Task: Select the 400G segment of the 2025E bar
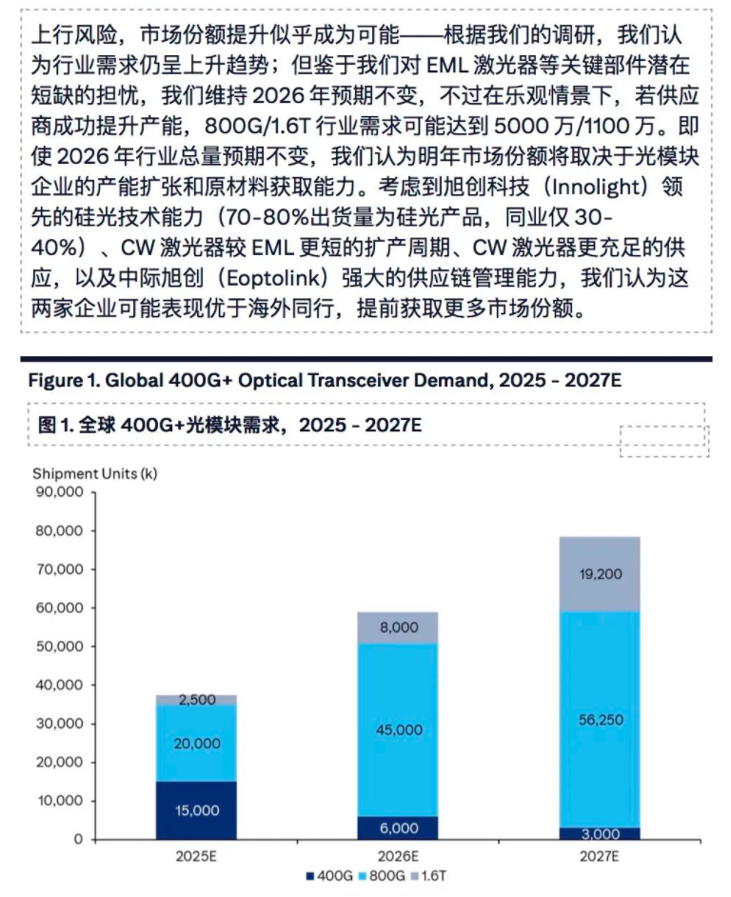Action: pos(197,809)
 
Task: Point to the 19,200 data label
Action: pos(599,574)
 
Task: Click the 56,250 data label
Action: pos(599,720)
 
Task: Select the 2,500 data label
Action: pos(197,700)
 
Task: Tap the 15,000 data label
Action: pos(197,810)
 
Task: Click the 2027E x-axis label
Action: pos(599,855)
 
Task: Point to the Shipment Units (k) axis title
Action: pos(94,473)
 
